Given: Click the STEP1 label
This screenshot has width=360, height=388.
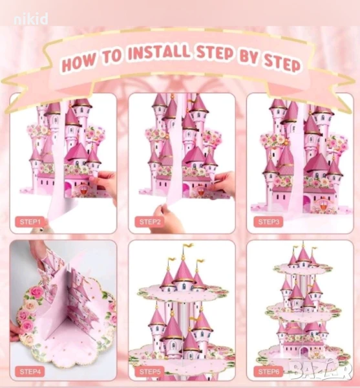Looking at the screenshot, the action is click(x=30, y=222).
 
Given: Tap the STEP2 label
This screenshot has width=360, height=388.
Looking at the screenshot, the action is click(x=149, y=222).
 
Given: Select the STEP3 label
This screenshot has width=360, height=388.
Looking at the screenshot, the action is click(x=268, y=222).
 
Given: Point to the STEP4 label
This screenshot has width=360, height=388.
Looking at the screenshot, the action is click(x=30, y=371).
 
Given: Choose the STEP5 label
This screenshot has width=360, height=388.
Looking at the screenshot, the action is click(x=149, y=371).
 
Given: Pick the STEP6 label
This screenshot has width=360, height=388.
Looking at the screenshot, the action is click(x=268, y=371).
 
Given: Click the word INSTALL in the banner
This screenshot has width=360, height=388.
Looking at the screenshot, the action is click(x=159, y=53).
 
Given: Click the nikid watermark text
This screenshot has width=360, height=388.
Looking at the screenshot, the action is click(x=31, y=19).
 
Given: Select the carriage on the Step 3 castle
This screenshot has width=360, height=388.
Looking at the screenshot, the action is click(x=322, y=204).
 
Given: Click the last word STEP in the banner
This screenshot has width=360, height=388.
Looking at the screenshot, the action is click(x=282, y=64).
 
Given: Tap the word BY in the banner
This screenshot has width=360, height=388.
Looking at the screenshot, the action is click(x=248, y=58).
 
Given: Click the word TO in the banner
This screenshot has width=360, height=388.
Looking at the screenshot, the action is click(x=112, y=58).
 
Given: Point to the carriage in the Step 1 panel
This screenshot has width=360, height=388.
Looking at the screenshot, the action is click(x=83, y=188).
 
